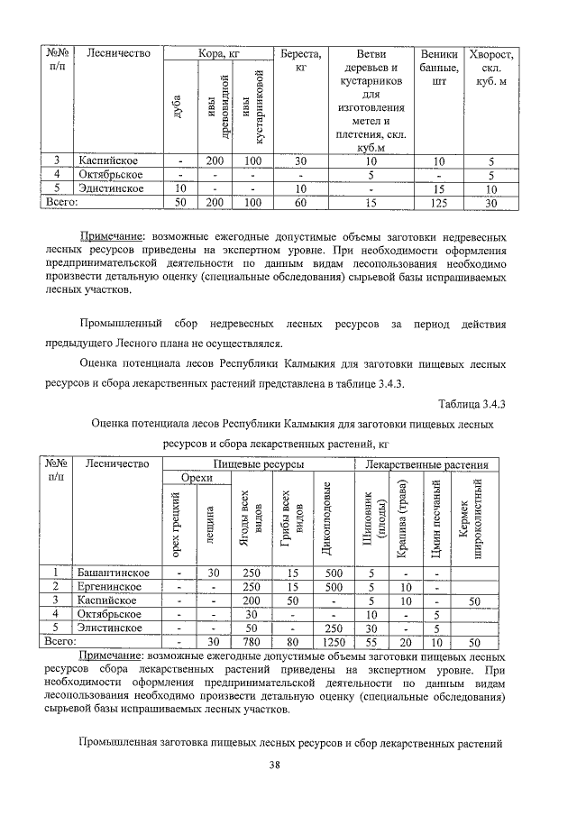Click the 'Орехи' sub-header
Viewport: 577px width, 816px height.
(x=197, y=478)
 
